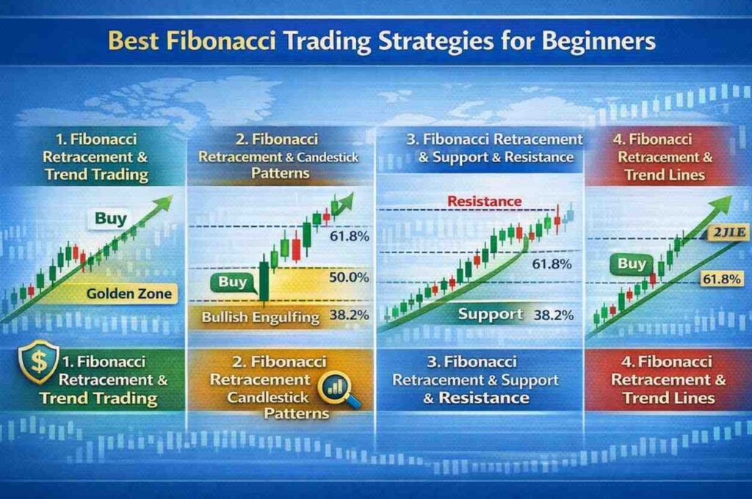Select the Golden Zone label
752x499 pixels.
point(129,294)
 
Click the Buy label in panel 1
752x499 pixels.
point(110,218)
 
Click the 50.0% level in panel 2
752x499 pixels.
point(349,277)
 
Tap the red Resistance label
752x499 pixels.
point(484,200)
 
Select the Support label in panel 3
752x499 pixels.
point(491,314)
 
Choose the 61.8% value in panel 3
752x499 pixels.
point(552,264)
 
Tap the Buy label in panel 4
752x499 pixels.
point(632,263)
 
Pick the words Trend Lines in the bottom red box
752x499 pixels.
point(668,398)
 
